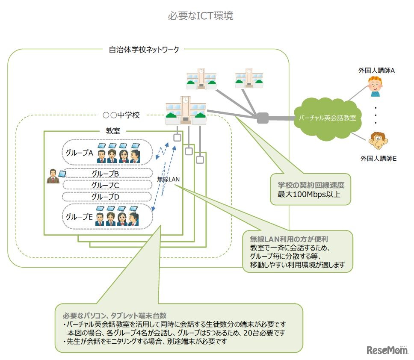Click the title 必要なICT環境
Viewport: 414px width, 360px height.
pos(200,16)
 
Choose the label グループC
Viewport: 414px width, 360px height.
pos(105,185)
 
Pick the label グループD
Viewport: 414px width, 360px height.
pos(105,197)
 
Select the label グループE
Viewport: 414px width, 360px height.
pos(79,217)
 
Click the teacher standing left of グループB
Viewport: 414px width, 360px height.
pos(53,177)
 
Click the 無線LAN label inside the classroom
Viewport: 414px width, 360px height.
pos(168,180)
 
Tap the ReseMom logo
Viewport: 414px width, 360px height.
pos(387,350)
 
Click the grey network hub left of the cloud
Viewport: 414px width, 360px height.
pos(262,117)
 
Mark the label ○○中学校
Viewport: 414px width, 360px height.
pos(121,115)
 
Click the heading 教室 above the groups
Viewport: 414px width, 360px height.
pos(113,131)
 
